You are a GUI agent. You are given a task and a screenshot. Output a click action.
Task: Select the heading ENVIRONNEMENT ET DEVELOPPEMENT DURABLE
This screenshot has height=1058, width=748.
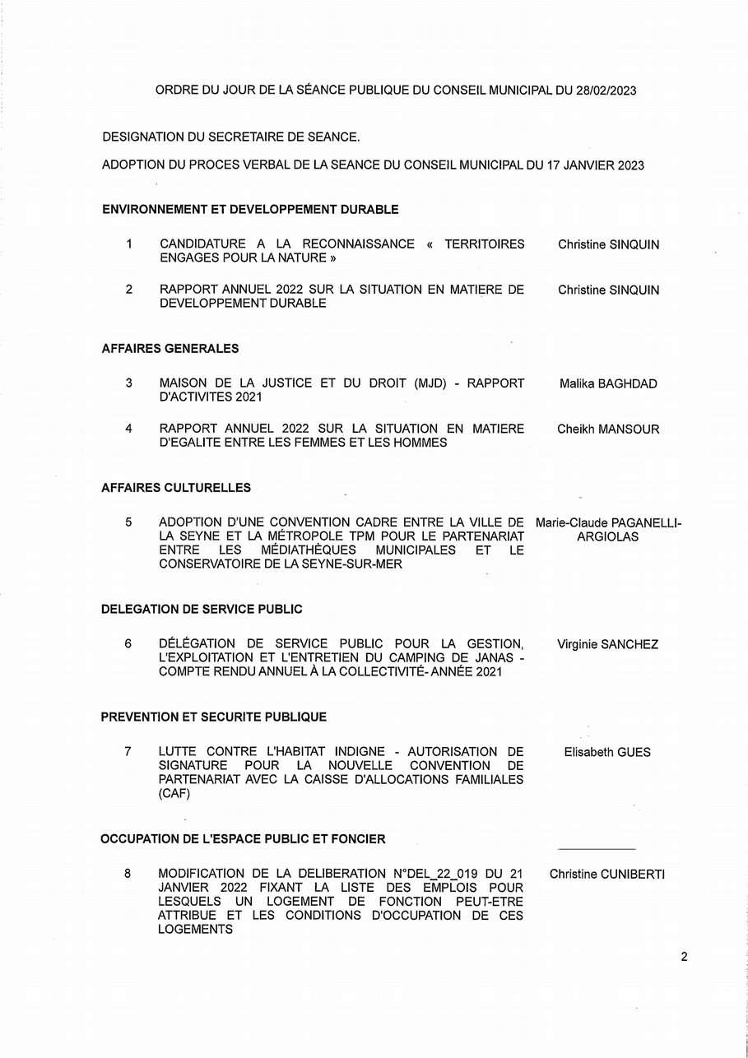click(250, 210)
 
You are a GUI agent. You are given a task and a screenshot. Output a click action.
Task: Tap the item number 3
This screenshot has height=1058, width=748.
click(128, 383)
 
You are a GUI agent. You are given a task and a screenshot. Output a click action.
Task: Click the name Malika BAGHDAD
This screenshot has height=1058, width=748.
click(608, 383)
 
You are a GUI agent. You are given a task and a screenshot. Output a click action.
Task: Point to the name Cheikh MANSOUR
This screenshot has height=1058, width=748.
click(608, 429)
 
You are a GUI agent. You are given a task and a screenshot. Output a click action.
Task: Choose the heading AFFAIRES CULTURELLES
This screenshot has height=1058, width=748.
click(176, 488)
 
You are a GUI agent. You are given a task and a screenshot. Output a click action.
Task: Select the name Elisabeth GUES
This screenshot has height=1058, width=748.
click(607, 752)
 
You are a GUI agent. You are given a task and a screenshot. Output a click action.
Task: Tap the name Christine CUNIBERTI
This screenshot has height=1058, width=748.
click(607, 874)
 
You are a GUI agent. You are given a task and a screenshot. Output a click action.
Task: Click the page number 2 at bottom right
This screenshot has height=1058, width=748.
click(684, 957)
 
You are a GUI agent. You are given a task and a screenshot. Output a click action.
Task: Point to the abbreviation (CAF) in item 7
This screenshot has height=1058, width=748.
click(174, 795)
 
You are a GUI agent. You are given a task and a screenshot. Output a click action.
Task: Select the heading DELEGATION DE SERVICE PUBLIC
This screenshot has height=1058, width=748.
click(202, 610)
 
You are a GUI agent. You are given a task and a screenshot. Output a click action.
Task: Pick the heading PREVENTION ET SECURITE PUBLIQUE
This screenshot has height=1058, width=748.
click(213, 717)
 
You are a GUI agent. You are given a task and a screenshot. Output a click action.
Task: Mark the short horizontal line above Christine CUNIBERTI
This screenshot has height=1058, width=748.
click(597, 848)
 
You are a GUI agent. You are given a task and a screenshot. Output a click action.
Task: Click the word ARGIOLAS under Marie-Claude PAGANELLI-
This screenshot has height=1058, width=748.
click(607, 537)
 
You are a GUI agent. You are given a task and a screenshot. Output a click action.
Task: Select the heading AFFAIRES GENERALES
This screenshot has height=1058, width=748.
click(170, 349)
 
